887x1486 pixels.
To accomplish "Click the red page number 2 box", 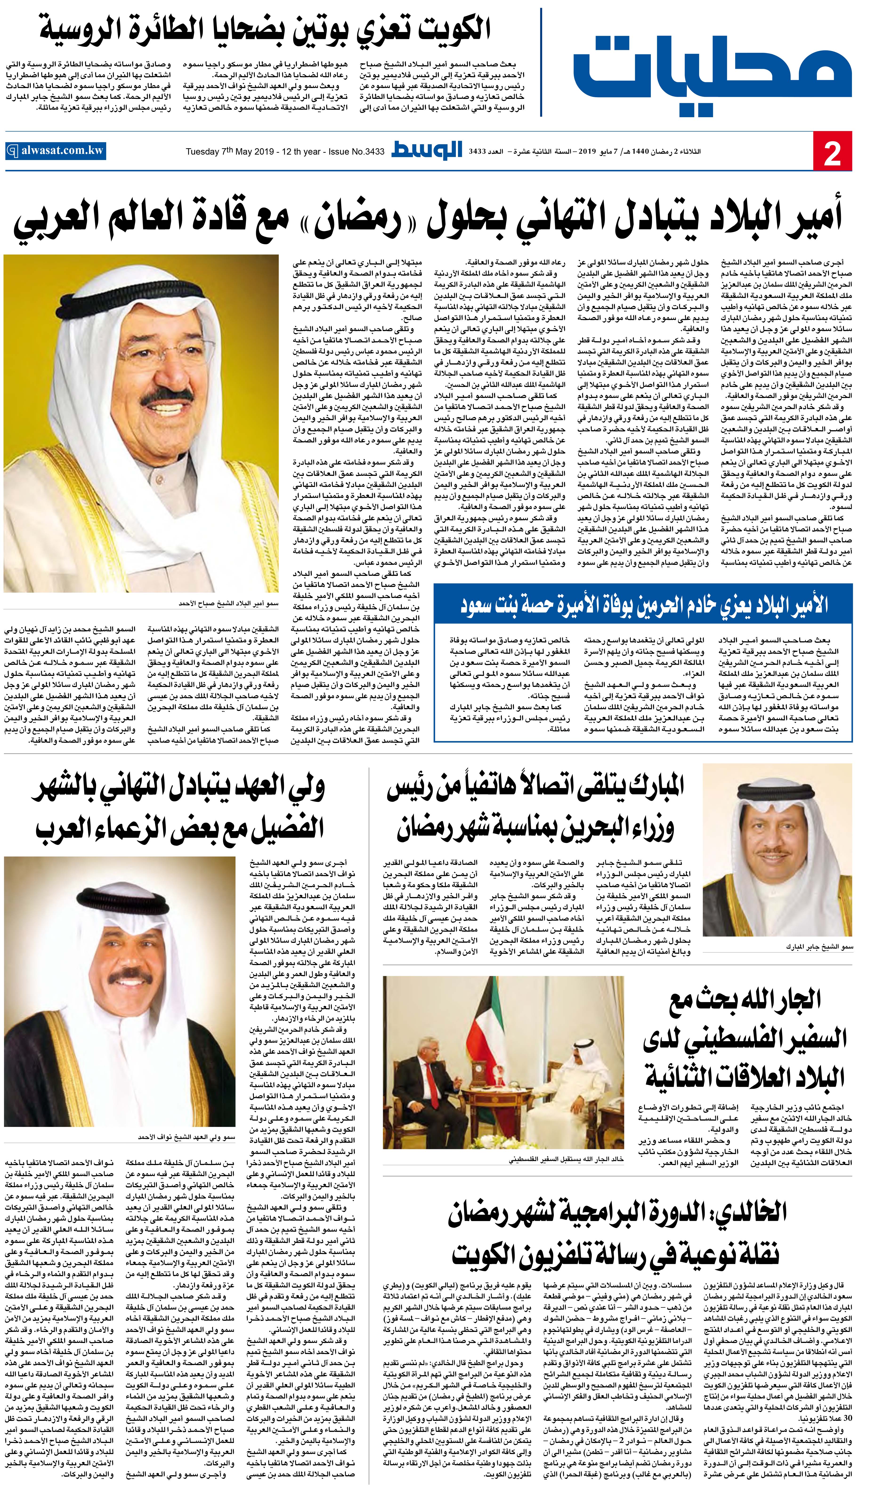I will pyautogui.click(x=832, y=152).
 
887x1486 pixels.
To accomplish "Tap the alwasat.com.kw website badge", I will pyautogui.click(x=55, y=151).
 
